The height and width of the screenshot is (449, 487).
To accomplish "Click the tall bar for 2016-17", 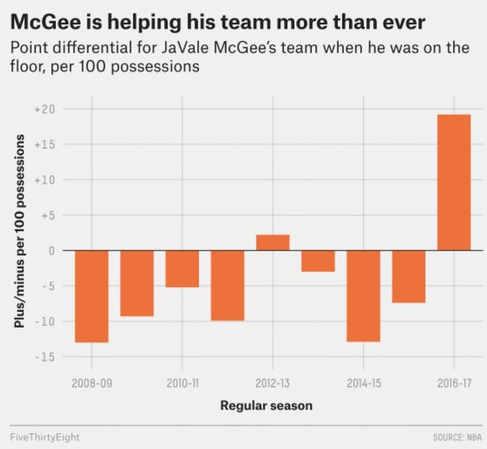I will tap(454, 182).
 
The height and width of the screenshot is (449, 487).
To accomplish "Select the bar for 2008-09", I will tap(92, 296).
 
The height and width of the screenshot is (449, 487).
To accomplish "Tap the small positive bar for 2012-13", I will tap(272, 242).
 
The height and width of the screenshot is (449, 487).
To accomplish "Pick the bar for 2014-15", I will tap(363, 296).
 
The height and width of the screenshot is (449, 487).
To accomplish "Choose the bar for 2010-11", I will tap(182, 268).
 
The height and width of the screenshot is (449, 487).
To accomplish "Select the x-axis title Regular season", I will tap(266, 406).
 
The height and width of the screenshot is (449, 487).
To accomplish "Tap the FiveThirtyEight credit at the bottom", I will tap(45, 436).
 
